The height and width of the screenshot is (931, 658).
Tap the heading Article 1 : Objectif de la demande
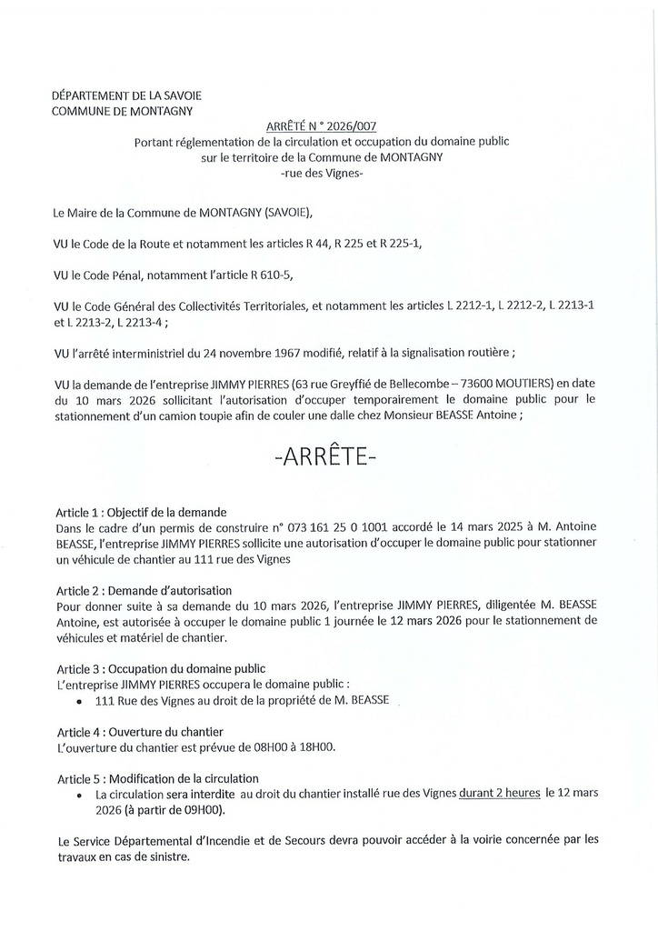(x=142, y=511)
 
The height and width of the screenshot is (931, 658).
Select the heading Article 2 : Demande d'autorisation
(x=145, y=590)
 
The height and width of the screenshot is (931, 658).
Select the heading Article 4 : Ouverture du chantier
(x=140, y=731)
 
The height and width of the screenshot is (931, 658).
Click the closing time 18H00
(x=317, y=746)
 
